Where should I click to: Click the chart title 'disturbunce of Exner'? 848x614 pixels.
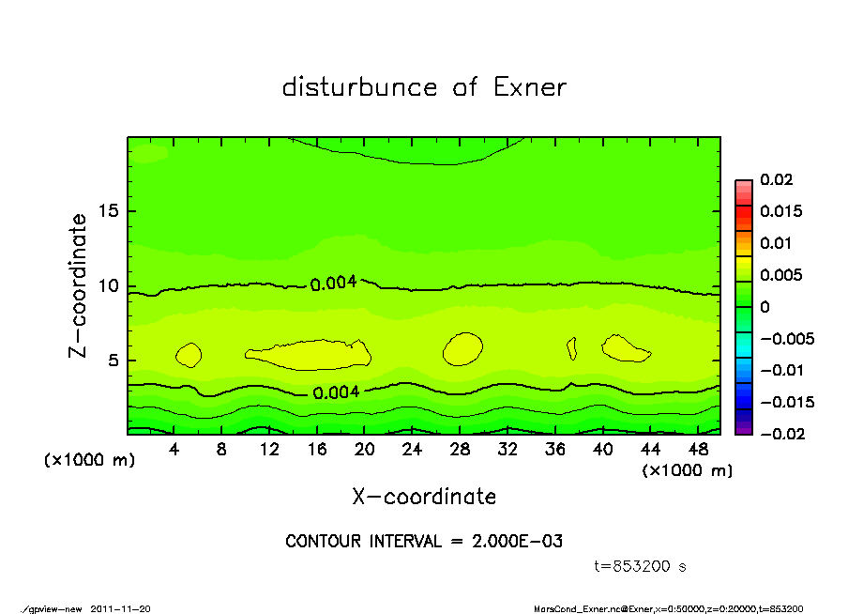tap(424, 87)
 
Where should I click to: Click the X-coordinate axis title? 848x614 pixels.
tap(424, 497)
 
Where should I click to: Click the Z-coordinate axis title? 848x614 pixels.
tap(79, 285)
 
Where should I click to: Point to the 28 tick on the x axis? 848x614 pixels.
tap(460, 449)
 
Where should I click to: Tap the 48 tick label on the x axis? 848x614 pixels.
tap(698, 449)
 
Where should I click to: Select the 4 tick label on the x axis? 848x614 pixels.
tap(174, 449)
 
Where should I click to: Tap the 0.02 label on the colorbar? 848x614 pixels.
tap(776, 179)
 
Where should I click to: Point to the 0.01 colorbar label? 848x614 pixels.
tap(776, 243)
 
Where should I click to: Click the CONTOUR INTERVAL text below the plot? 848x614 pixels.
tap(424, 541)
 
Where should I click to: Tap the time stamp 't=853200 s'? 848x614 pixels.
tap(641, 566)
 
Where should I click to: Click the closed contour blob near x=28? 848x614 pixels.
tap(462, 348)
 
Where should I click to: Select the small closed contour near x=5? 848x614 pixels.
tap(189, 354)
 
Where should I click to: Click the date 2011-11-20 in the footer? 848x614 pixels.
tap(120, 607)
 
